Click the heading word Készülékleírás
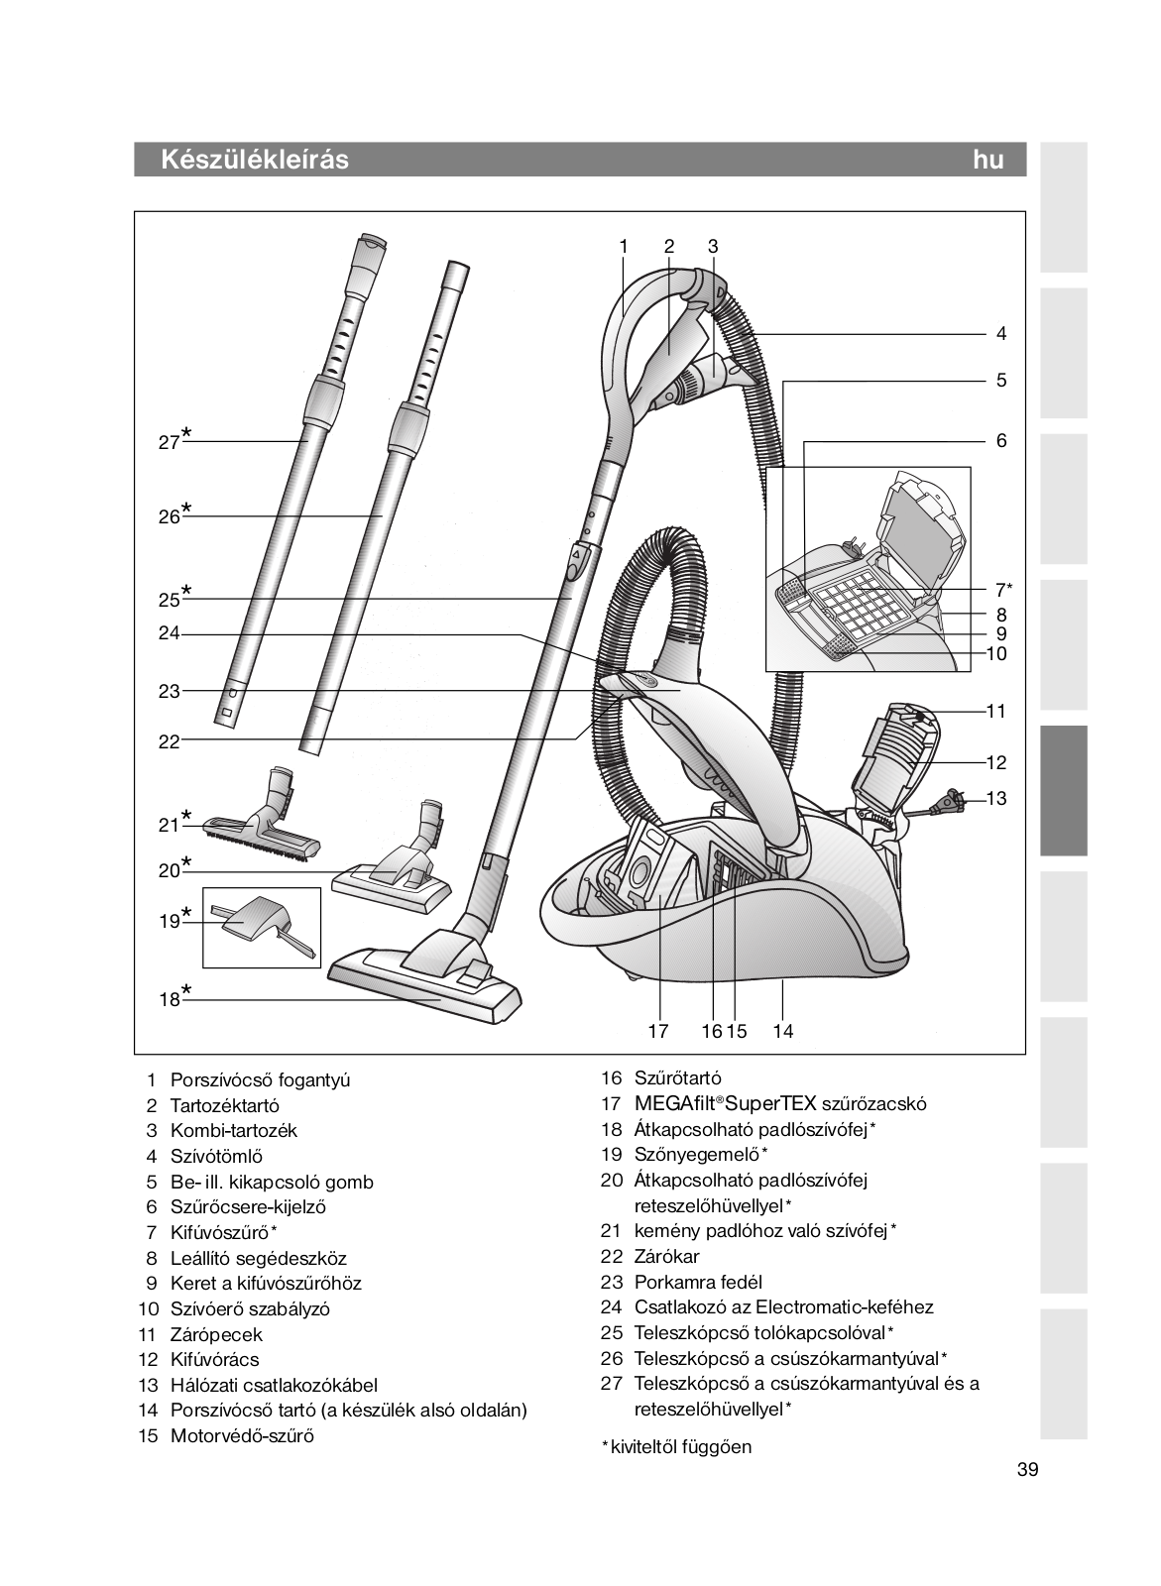point(254,160)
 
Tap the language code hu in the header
point(987,160)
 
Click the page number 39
point(1027,1470)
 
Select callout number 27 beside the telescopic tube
point(169,442)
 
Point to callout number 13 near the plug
point(995,798)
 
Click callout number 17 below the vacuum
point(658,1031)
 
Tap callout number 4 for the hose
point(1001,334)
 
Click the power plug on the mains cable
point(953,799)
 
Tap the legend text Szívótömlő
point(216,1156)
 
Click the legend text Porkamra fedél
point(698,1282)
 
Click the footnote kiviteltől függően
point(682,1446)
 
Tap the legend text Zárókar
point(666,1256)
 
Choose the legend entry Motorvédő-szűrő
point(242,1435)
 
